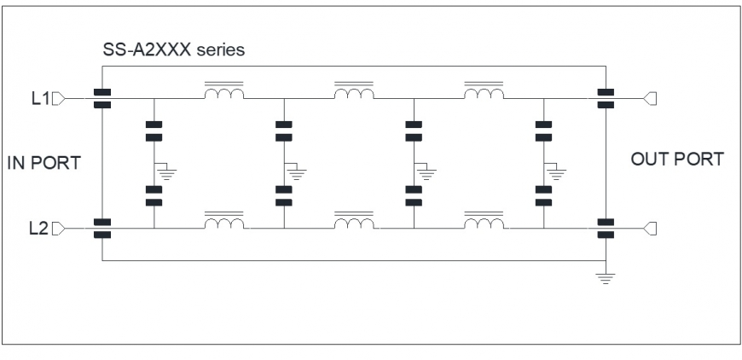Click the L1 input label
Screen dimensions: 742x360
point(40,98)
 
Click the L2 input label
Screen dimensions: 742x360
point(38,229)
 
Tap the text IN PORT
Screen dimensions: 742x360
point(44,163)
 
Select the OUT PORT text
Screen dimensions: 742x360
point(677,159)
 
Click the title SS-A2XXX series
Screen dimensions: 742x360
point(174,49)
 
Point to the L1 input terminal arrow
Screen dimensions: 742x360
point(58,98)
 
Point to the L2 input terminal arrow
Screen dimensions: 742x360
point(58,229)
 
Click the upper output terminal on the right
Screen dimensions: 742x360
point(650,98)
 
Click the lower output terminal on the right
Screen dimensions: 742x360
point(650,229)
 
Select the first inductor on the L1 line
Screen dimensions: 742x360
point(223,90)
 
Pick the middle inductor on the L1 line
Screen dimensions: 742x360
point(354,90)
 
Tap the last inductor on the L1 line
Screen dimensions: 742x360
point(484,90)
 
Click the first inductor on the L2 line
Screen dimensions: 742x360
point(223,221)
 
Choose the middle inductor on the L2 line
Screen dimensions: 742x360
point(354,221)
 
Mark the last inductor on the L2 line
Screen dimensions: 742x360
point(484,221)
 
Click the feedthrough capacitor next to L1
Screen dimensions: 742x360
point(102,98)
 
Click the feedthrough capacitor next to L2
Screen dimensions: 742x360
point(102,229)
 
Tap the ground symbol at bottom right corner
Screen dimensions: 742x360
point(606,278)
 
